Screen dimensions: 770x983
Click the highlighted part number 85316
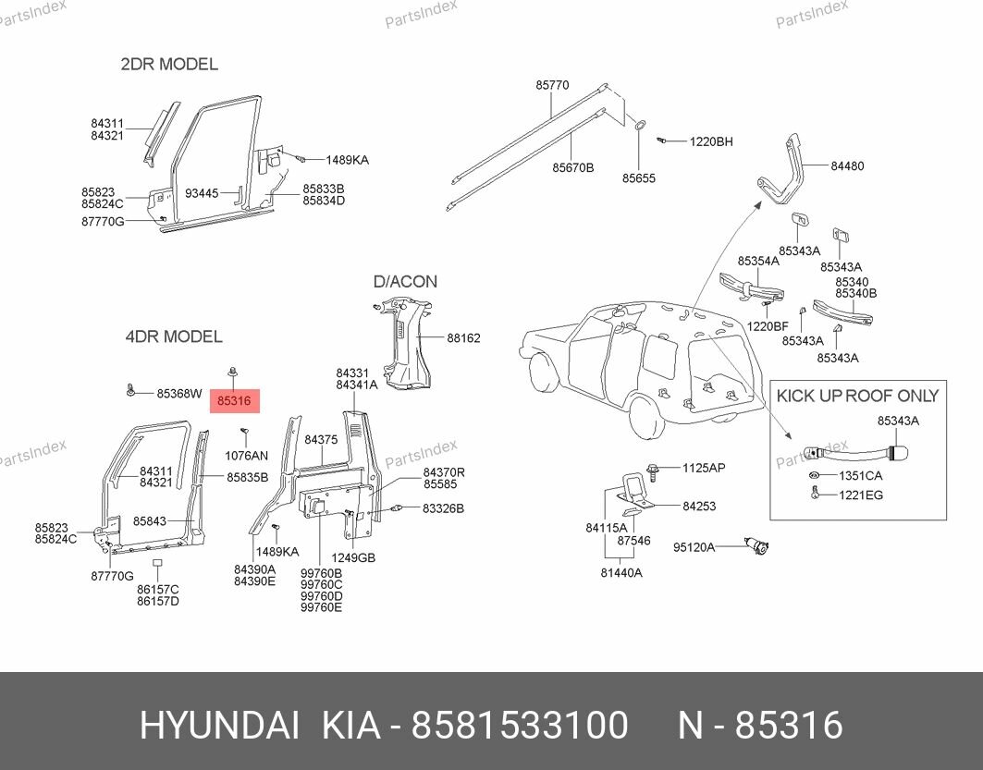(234, 400)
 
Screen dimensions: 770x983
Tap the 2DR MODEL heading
(169, 65)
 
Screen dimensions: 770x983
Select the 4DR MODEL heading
(174, 336)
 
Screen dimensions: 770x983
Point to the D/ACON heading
(405, 282)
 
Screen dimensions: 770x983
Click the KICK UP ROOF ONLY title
(857, 396)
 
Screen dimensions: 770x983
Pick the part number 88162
(463, 338)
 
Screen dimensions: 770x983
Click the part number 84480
(847, 166)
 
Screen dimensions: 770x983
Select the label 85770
(552, 85)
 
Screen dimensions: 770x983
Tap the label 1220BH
(710, 141)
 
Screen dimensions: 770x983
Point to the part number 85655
(638, 177)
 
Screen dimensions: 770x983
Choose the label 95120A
(694, 547)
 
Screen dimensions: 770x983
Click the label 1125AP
(704, 468)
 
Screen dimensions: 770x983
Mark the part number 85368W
(178, 393)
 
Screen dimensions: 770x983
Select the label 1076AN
(246, 456)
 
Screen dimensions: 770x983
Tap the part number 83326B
(443, 508)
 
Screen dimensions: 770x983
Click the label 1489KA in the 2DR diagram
(347, 160)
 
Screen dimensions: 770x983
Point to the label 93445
(202, 193)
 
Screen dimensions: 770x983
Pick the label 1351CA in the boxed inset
(860, 476)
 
